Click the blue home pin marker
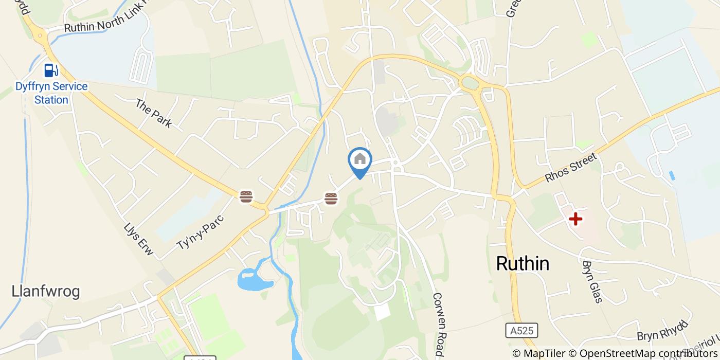coord(360,160)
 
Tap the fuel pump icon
coord(50,70)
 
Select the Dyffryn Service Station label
coord(51,93)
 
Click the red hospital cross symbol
coord(575,220)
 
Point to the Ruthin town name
coord(523,264)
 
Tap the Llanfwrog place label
coord(46,292)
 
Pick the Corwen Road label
coord(438,325)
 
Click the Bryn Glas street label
coord(591,281)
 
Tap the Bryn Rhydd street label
coord(662,331)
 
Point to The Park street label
coord(153,113)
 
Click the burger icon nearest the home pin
coord(331,199)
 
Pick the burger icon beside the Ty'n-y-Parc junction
coord(246,196)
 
